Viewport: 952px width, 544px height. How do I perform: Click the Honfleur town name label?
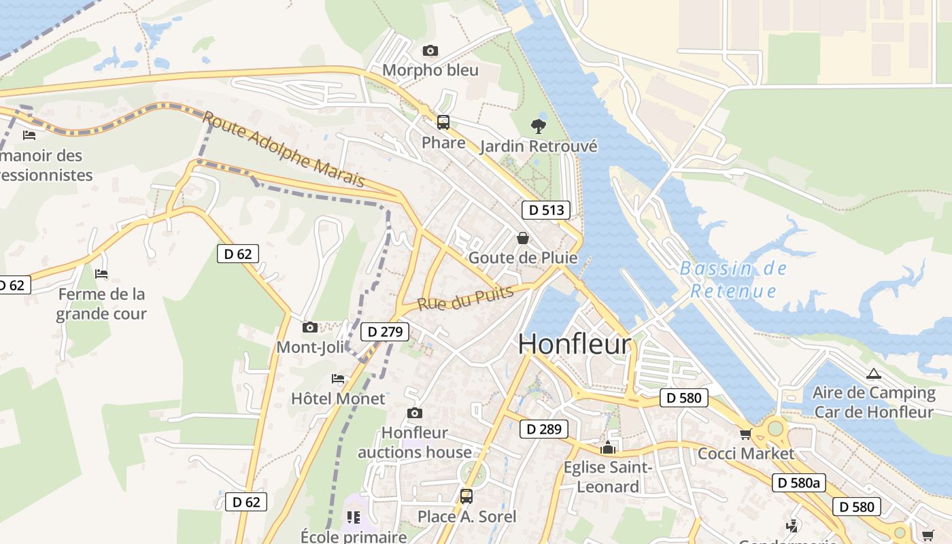coord(575,344)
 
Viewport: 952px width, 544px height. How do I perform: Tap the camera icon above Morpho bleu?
coord(430,50)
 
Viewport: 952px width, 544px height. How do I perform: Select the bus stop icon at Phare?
coord(443,122)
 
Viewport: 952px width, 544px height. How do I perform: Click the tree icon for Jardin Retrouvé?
coord(538,126)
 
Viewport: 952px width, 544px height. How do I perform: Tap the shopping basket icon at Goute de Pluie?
coord(523,238)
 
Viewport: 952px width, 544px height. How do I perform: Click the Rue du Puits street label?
coord(465,298)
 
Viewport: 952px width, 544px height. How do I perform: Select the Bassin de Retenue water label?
coord(733,279)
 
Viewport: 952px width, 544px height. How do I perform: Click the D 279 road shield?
coord(385,332)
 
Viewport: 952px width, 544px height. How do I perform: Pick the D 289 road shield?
coord(543,429)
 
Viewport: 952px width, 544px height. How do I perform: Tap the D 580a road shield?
coord(799,483)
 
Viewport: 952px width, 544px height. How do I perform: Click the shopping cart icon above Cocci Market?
coord(745,434)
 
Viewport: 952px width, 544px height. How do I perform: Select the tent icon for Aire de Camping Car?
coord(873,373)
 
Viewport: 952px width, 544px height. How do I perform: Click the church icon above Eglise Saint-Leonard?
coord(608,447)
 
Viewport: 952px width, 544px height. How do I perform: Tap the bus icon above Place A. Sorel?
coord(466,496)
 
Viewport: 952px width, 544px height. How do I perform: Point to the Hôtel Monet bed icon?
coord(338,379)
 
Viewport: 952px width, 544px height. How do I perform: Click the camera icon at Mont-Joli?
coord(310,328)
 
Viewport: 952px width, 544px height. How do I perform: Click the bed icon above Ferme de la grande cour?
coord(101,274)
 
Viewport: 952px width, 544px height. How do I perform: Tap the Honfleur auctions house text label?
coord(414,443)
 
